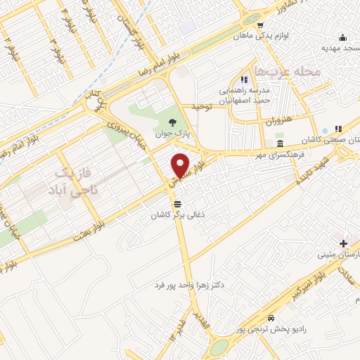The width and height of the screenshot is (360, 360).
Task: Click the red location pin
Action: tap(181, 165)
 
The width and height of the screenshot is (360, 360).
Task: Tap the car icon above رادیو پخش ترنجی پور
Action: tap(271, 318)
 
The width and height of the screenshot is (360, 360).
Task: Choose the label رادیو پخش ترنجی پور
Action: tap(271, 330)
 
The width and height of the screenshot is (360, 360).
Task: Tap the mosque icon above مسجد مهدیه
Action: tap(342, 37)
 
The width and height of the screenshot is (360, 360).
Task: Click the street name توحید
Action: tap(202, 106)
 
